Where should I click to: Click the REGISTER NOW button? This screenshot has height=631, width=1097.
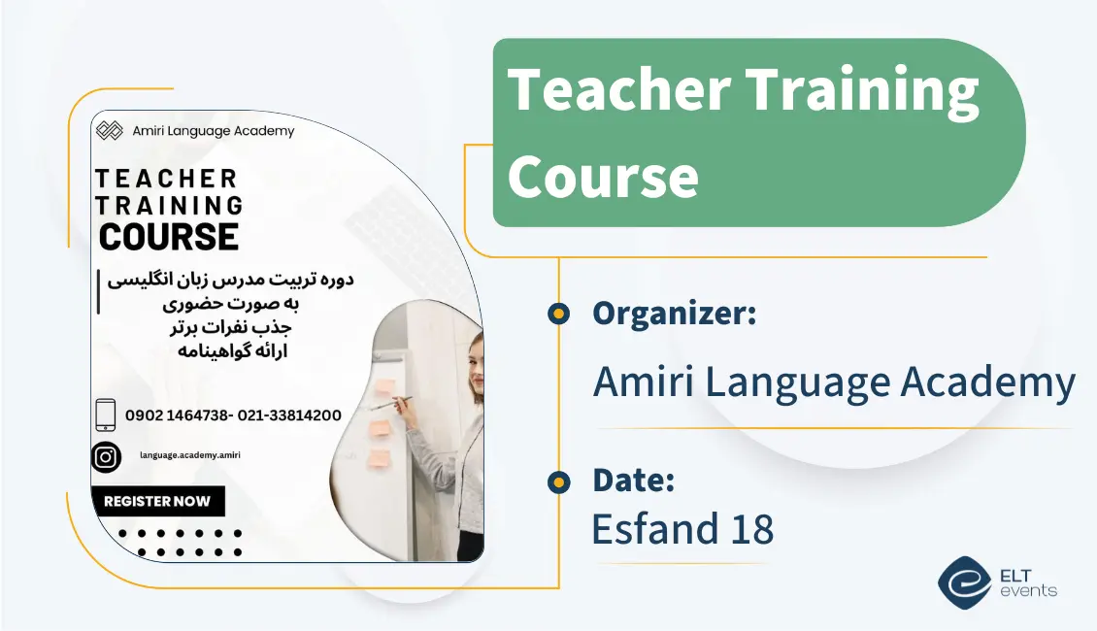[157, 501]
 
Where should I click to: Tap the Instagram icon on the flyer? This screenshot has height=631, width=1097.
[106, 457]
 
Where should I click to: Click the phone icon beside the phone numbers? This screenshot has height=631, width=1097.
[106, 415]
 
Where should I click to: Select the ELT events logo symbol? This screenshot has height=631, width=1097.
[963, 581]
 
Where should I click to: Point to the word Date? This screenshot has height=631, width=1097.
[633, 480]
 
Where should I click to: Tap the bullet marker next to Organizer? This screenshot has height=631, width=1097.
[558, 314]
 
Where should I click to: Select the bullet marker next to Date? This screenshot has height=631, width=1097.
[558, 482]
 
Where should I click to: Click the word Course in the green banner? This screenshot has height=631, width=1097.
[603, 177]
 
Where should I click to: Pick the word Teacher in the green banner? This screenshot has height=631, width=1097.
[618, 90]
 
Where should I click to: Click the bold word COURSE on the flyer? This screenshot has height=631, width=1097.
[169, 237]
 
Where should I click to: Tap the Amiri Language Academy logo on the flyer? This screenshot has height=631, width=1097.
[111, 131]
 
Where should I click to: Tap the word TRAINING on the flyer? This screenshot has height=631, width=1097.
[169, 206]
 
